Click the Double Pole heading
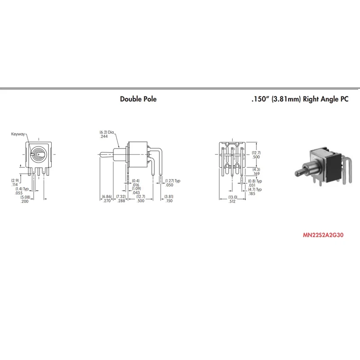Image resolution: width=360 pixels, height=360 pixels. point(138,99)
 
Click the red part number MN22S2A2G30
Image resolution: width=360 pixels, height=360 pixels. point(323,235)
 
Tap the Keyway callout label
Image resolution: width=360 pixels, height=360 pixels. point(18,134)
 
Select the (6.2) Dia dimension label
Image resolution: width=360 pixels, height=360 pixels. point(107,132)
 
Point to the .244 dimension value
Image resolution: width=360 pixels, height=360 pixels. point(104,136)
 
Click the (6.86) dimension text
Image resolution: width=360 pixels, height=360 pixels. point(107,197)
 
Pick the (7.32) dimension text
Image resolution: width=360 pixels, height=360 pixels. point(121,197)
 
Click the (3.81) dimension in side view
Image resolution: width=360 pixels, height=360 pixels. point(169,197)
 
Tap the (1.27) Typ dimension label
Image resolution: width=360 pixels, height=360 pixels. point(173,181)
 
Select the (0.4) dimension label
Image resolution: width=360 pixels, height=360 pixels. point(135,181)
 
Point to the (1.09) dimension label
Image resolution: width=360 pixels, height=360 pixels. point(136,189)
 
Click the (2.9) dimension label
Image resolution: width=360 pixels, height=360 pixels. point(15,180)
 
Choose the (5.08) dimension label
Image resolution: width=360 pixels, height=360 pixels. point(25,197)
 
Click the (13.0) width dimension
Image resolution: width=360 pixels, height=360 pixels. point(233,197)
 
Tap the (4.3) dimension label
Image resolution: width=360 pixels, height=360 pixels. point(256,170)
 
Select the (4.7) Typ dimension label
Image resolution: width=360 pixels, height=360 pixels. point(255,189)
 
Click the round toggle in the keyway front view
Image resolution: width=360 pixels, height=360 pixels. point(39,154)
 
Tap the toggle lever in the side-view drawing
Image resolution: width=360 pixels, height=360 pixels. point(106,154)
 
